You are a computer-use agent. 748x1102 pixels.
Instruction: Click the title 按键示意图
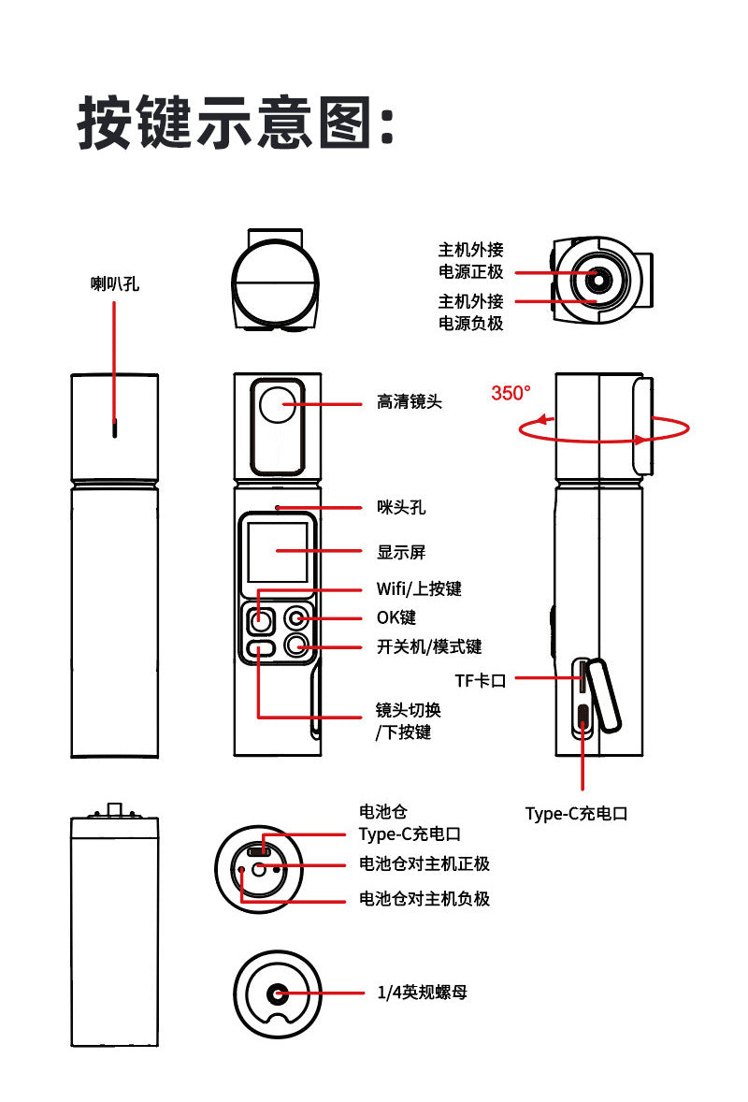236,122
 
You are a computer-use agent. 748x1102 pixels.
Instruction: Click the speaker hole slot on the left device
115,428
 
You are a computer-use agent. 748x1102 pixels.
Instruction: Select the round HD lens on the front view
278,404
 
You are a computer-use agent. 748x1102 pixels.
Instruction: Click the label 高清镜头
409,402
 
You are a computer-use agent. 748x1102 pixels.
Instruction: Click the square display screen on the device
278,551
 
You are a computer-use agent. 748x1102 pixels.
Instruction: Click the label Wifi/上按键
418,589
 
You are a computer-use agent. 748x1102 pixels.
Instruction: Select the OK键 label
396,617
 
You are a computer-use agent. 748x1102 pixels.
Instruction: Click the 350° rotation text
511,393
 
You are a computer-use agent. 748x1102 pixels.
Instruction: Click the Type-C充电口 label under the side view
576,814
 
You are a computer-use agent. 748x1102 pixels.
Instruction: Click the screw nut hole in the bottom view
277,993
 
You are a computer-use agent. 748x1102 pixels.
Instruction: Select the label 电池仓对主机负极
424,899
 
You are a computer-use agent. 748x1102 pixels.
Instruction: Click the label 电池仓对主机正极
424,863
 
